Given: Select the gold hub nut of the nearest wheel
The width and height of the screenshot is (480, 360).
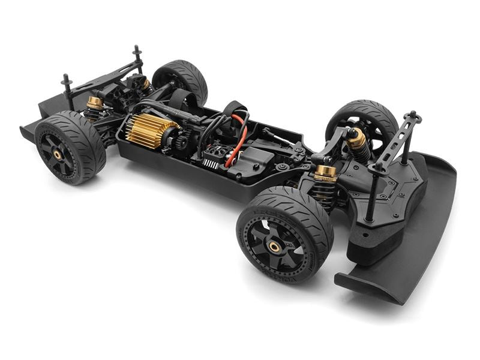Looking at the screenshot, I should (274, 246).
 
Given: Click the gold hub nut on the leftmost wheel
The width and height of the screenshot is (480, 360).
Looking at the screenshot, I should (58, 155).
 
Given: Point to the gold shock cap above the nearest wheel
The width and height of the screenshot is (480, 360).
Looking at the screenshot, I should (326, 172).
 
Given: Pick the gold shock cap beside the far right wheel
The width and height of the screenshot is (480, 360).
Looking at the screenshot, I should (356, 139).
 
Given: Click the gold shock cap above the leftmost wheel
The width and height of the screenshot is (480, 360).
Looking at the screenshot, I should (95, 103).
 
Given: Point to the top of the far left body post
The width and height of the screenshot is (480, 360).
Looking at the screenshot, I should (65, 79).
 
